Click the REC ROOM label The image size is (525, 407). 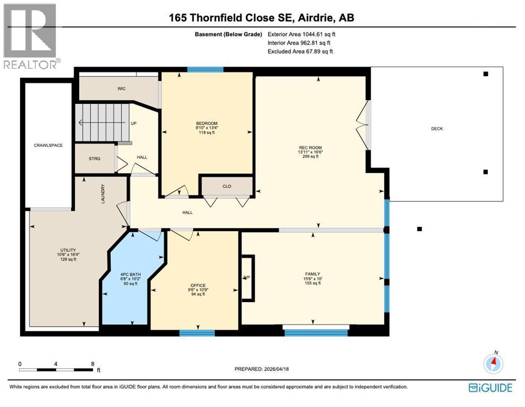click(x=311, y=148)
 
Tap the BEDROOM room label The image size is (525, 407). click(x=206, y=123)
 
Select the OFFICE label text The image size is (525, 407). click(x=198, y=286)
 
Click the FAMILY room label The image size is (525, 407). click(x=313, y=274)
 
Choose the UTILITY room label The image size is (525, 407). click(x=68, y=250)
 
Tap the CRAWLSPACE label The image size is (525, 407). click(x=48, y=145)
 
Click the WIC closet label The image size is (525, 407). click(x=121, y=89)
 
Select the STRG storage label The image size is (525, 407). click(x=94, y=158)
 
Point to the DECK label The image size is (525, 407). click(x=436, y=129)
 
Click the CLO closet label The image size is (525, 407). click(x=226, y=186)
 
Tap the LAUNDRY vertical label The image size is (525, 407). click(x=103, y=193)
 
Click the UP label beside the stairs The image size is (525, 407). click(x=134, y=123)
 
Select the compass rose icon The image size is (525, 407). click(x=493, y=363)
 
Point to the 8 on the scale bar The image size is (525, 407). click(x=92, y=365)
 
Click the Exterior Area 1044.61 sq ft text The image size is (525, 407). click(x=302, y=34)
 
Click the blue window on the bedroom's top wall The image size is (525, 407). click(x=205, y=69)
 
